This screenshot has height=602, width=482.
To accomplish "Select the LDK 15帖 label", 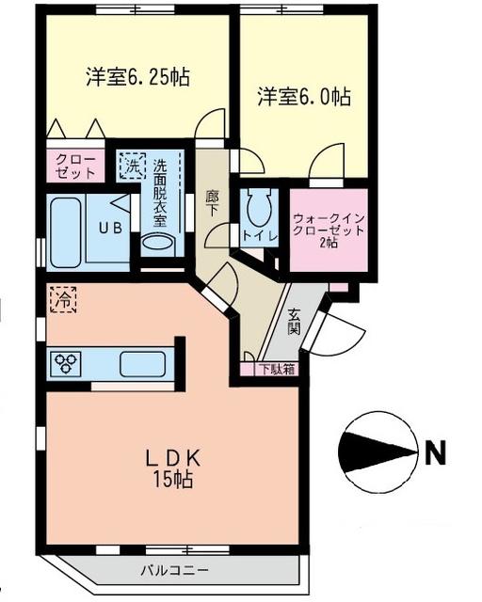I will coord(172,467).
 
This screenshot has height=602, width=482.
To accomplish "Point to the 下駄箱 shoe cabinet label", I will coord(277,369).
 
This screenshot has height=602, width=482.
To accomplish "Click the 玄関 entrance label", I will coord(295,323).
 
